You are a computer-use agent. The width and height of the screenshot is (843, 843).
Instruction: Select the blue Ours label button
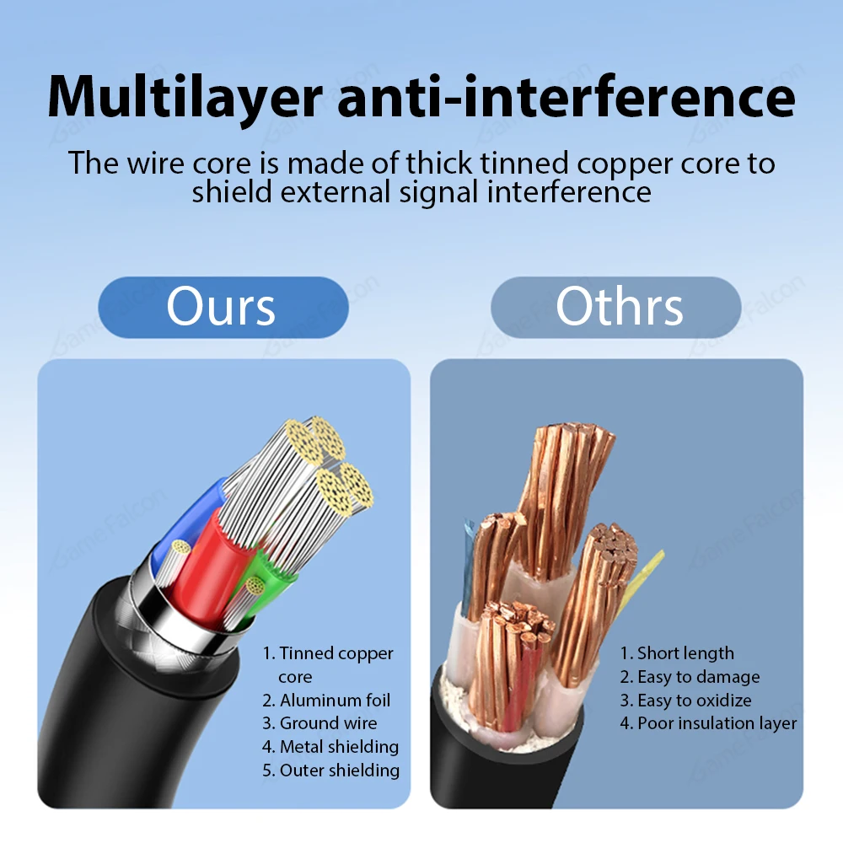(222, 307)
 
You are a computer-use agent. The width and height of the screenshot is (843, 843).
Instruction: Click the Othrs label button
(618, 307)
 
